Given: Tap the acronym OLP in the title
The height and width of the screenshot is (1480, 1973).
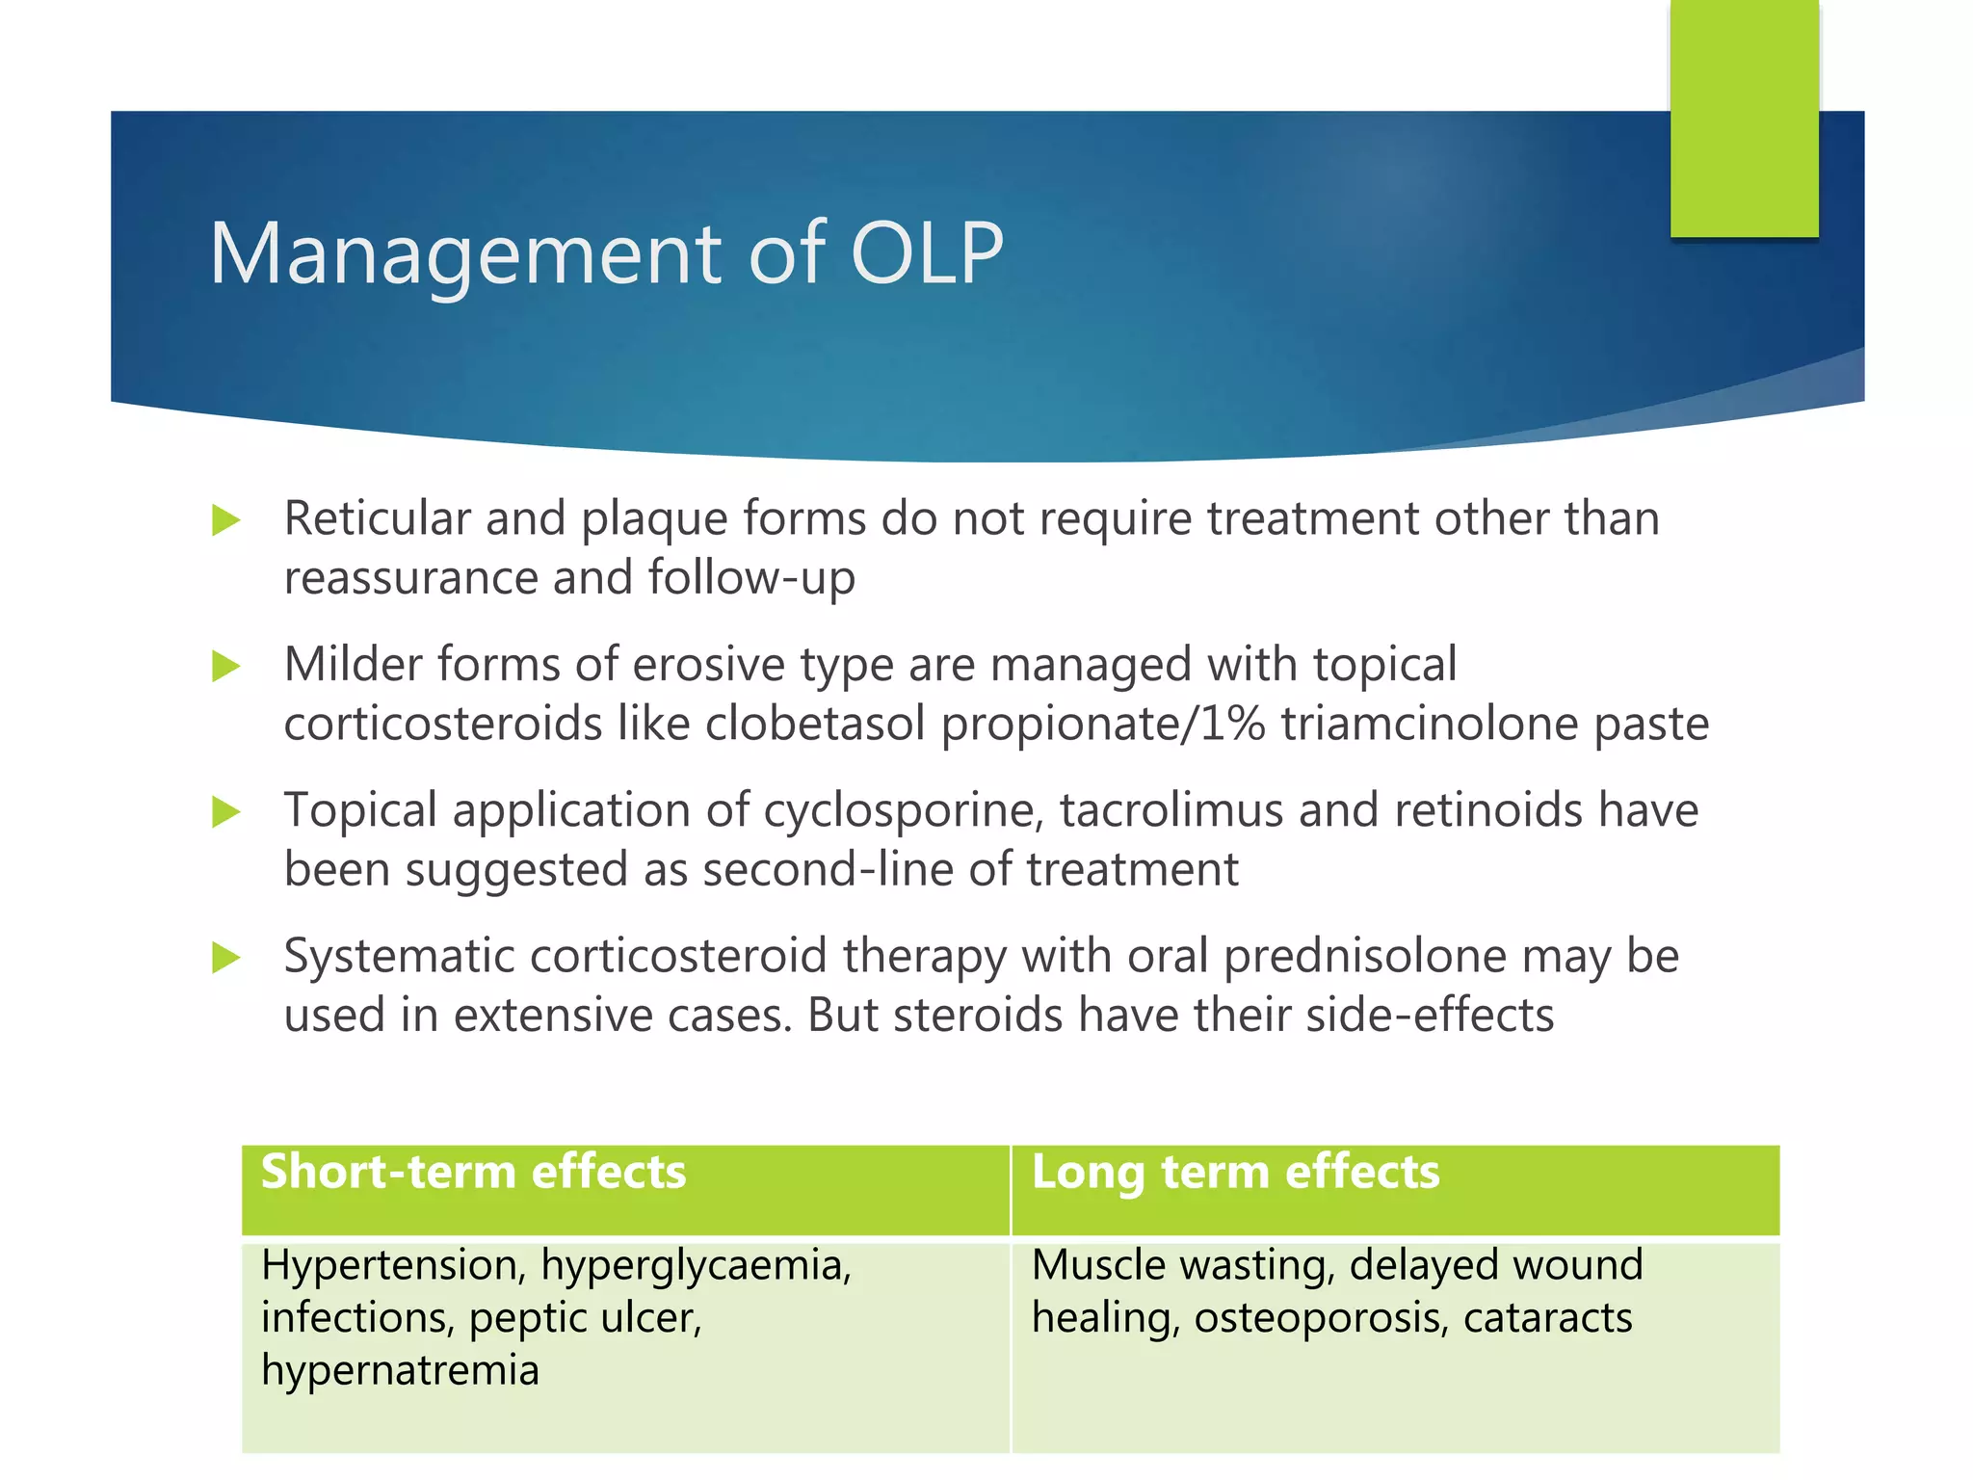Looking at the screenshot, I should click(x=927, y=253).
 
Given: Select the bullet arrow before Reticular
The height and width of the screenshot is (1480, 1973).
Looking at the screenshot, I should click(x=225, y=520).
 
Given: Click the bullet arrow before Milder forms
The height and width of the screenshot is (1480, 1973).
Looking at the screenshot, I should click(x=225, y=666).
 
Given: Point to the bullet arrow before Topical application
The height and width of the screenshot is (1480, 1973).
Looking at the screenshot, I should click(x=225, y=811).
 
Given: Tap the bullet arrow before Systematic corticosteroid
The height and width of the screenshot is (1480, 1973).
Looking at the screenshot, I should click(x=225, y=958).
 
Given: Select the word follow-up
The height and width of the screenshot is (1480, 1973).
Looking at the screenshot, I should click(x=751, y=578).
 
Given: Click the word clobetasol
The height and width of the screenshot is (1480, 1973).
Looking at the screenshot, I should click(x=815, y=724).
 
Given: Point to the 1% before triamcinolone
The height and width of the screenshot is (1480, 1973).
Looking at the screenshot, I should click(x=1232, y=724).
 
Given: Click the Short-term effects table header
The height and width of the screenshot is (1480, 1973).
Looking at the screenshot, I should click(x=473, y=1172).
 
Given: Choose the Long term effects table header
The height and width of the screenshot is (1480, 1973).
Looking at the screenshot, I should click(x=1235, y=1172).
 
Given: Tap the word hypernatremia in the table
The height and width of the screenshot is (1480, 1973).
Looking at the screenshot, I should click(x=400, y=1370).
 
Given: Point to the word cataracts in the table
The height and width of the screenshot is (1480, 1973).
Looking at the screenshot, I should click(x=1547, y=1318).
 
